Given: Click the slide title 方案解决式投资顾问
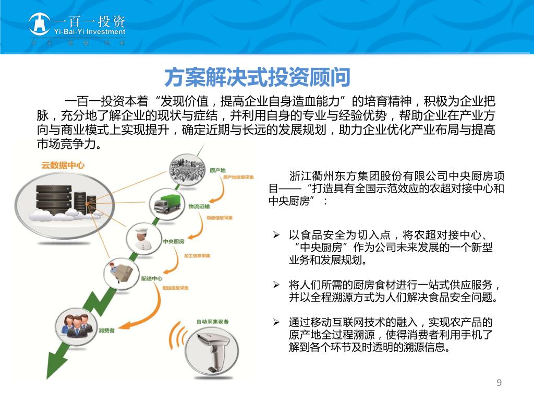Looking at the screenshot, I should pyautogui.click(x=257, y=78).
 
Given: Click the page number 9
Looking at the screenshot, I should pyautogui.click(x=499, y=383).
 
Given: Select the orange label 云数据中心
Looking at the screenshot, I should pyautogui.click(x=63, y=166).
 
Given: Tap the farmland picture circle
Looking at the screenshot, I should pyautogui.click(x=186, y=168).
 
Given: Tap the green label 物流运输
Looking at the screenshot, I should pyautogui.click(x=198, y=206).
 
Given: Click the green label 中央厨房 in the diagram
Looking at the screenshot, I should pyautogui.click(x=174, y=242).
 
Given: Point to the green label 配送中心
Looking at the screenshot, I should pyautogui.click(x=151, y=278).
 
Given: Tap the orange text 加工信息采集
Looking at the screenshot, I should pyautogui.click(x=197, y=256).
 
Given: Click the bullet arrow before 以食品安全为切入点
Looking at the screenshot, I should pyautogui.click(x=277, y=235).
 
